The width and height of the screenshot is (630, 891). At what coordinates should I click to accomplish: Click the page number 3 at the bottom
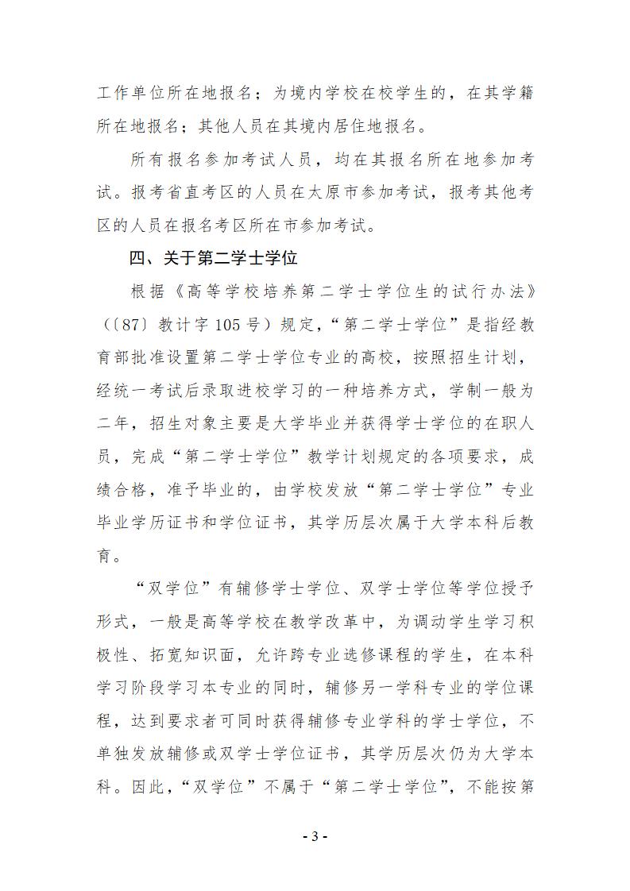pos(315,836)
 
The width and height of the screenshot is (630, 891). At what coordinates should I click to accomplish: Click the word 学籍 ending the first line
pos(516,92)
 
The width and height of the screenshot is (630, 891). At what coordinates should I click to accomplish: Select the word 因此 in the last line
pos(147,789)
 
